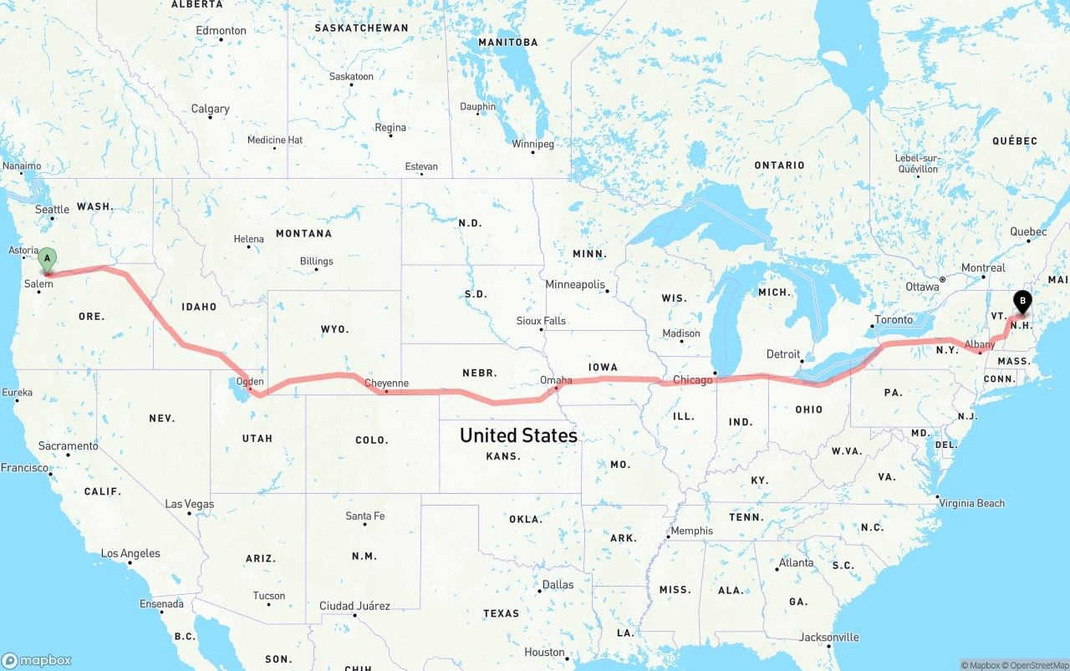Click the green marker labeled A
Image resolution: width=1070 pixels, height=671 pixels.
click(48, 258)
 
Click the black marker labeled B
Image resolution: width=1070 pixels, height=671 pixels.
click(1022, 302)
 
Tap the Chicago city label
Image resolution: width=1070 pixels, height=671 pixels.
click(693, 380)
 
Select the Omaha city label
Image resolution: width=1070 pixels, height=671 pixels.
click(556, 380)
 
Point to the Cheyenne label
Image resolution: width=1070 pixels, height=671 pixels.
click(386, 384)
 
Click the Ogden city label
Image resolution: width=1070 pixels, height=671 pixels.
click(250, 382)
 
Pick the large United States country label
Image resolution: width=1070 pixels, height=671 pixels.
click(518, 435)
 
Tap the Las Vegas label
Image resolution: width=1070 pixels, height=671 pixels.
click(189, 504)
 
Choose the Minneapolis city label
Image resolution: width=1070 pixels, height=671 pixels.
click(575, 285)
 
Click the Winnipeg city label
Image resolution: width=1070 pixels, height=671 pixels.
click(532, 144)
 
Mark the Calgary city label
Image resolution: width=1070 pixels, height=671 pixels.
click(210, 109)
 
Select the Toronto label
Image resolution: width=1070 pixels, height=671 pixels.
click(894, 319)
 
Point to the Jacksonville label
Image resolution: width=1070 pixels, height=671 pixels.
click(828, 637)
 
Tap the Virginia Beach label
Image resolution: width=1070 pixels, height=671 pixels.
click(971, 503)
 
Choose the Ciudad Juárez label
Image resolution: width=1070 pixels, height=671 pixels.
click(354, 606)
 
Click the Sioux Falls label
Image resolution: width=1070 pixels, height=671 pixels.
click(541, 321)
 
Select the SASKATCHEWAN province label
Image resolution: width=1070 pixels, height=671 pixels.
click(361, 28)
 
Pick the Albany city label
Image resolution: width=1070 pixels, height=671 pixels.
click(980, 344)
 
